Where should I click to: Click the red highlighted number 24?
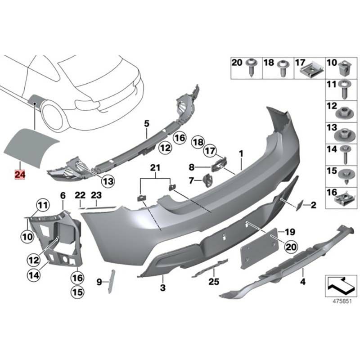click(20, 175)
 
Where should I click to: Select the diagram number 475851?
click(342, 301)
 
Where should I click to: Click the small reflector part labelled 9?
click(112, 282)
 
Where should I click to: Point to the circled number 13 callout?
click(108, 181)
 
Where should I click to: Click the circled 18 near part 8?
click(198, 142)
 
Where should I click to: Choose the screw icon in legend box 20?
click(252, 67)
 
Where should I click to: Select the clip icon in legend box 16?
click(342, 199)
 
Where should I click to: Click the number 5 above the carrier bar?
click(147, 124)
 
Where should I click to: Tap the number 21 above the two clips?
click(155, 168)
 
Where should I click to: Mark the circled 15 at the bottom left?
click(77, 292)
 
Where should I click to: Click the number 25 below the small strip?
click(214, 282)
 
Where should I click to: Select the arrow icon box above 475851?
click(339, 285)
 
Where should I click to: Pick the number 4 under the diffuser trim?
click(303, 281)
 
